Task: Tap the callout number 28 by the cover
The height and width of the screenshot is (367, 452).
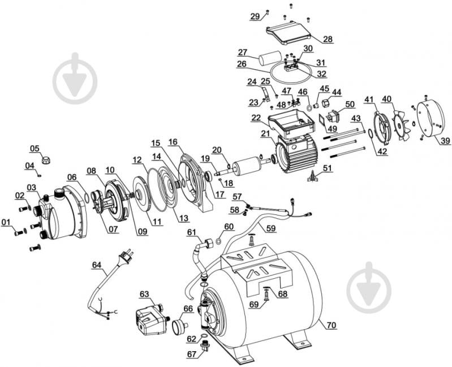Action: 328,39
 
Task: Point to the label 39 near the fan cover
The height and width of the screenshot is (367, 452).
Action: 430,141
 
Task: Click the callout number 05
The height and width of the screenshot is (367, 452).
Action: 35,149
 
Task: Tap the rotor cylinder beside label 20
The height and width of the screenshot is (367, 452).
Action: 245,168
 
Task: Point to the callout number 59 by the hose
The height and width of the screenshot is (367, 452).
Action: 272,228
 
